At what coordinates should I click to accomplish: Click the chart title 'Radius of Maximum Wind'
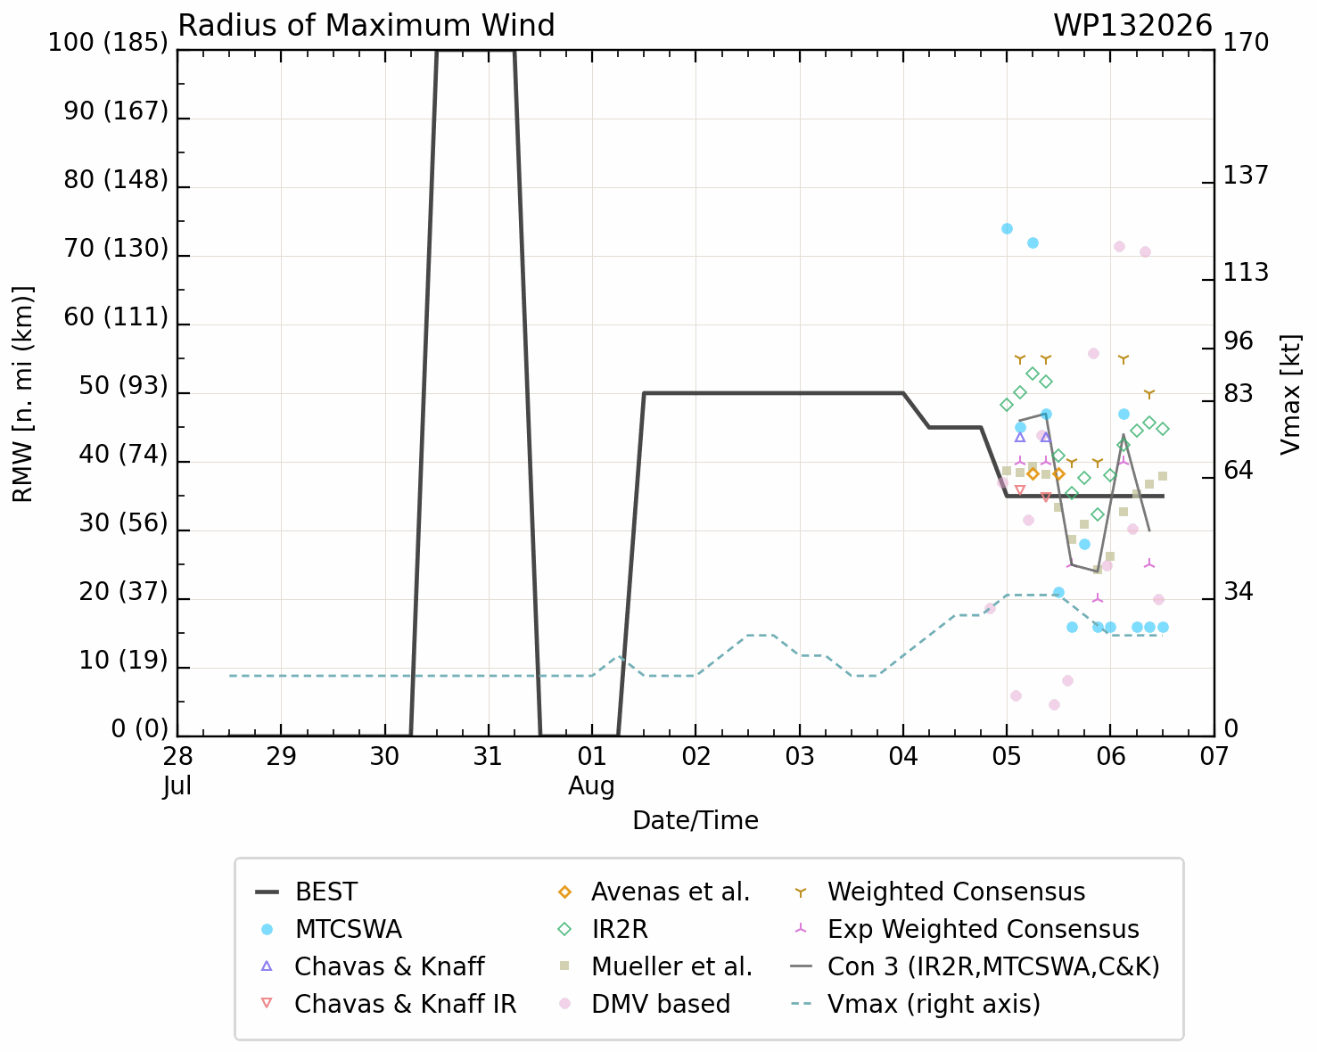click(366, 26)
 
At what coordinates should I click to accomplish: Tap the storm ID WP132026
click(1132, 26)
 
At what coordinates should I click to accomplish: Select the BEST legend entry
click(306, 892)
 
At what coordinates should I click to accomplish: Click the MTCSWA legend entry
click(331, 929)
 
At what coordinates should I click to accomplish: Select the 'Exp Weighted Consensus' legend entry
click(966, 929)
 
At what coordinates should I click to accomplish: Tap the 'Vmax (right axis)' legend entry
click(916, 1004)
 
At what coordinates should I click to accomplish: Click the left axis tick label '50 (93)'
click(123, 385)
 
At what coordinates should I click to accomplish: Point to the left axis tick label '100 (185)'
click(108, 42)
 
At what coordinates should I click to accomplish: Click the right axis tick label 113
click(1246, 272)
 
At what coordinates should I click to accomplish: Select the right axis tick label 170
click(1246, 42)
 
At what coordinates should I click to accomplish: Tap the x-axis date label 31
click(488, 757)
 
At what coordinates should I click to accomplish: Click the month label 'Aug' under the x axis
click(591, 785)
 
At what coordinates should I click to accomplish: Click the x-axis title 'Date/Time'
click(696, 821)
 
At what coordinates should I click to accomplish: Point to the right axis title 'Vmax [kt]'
click(1290, 395)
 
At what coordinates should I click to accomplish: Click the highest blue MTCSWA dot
click(1007, 229)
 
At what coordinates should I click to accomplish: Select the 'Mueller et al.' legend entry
click(654, 966)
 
